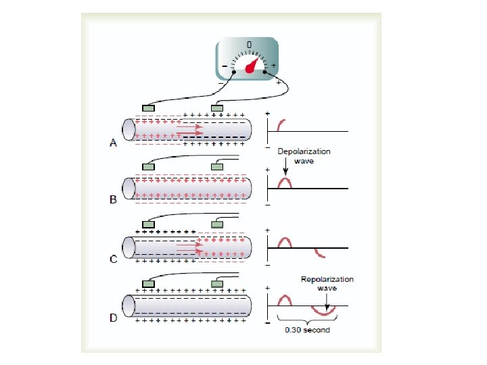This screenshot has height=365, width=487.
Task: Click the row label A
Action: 112,142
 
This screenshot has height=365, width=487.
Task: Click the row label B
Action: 112,200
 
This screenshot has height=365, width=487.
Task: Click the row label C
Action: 112,259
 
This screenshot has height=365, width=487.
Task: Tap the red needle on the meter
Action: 252,66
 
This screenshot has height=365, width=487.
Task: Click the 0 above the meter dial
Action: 249,45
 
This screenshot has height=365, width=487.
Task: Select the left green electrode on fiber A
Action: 149,107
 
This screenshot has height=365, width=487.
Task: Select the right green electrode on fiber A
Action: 218,107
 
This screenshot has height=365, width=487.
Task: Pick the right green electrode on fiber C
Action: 218,224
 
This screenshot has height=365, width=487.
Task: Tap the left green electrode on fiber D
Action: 149,283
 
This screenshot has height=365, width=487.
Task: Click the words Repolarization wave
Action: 327,283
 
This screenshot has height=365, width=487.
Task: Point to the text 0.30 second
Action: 307,331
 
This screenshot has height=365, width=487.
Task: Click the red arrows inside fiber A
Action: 189,128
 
